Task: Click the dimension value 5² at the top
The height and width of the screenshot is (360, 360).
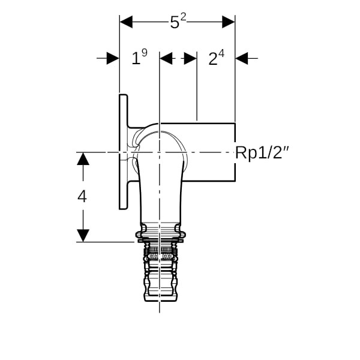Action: tap(178, 22)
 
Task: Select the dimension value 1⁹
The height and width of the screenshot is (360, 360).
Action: tap(139, 57)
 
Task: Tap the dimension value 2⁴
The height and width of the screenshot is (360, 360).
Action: tap(216, 58)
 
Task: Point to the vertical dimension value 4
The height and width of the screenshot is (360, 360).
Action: tap(82, 197)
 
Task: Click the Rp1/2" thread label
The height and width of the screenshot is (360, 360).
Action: tap(262, 153)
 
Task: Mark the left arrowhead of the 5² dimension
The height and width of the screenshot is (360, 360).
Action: tap(126, 22)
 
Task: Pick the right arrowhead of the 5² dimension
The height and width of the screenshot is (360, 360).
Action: tap(229, 22)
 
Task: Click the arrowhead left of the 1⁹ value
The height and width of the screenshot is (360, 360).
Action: tap(113, 58)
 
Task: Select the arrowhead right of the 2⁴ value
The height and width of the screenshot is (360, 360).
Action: tap(242, 58)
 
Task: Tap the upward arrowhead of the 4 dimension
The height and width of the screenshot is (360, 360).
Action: tap(83, 159)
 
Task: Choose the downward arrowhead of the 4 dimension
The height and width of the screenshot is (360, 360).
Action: tap(83, 236)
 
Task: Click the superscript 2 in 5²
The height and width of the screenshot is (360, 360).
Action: tap(183, 17)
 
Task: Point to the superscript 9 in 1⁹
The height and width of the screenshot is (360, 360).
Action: tap(145, 53)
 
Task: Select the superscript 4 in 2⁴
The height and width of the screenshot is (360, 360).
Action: tap(221, 53)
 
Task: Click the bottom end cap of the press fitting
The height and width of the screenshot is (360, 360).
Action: tap(160, 299)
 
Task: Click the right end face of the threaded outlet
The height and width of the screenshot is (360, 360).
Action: tap(235, 152)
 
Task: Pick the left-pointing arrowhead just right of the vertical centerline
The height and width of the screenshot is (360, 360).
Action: tap(166, 58)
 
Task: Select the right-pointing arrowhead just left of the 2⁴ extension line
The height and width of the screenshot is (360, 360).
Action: tap(190, 58)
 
